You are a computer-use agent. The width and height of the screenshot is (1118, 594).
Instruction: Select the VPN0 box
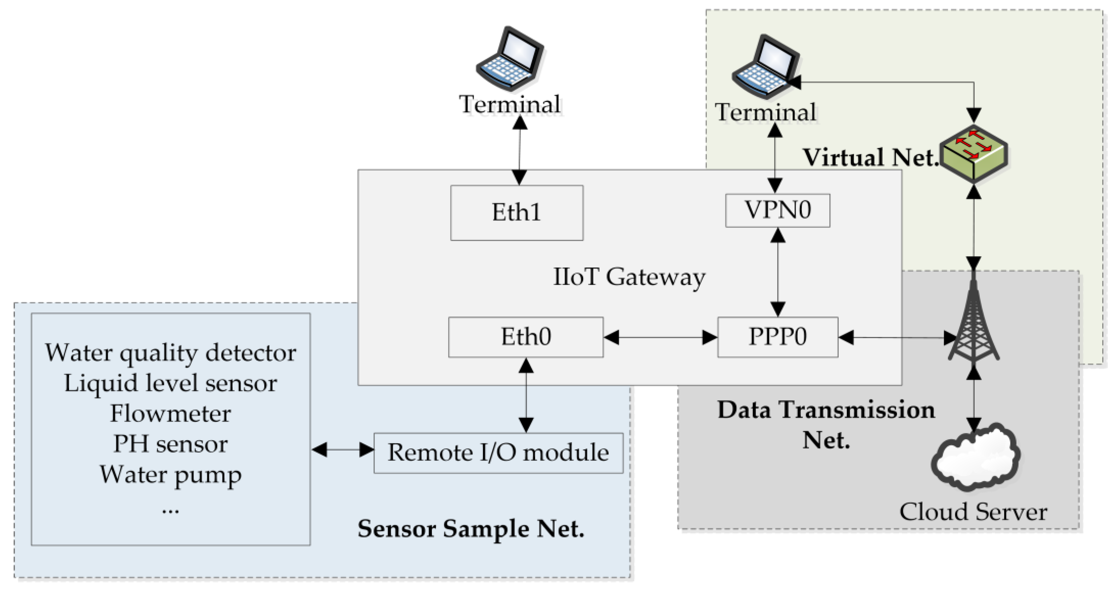777,210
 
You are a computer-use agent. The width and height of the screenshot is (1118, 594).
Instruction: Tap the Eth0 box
526,337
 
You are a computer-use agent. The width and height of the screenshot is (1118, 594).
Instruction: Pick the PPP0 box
777,337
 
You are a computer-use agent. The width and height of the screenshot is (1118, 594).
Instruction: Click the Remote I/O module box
498,453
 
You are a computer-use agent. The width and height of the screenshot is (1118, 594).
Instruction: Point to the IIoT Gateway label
629,277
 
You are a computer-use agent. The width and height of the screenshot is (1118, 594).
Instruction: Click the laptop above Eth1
510,59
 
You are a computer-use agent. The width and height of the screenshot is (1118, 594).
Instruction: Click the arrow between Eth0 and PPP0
660,337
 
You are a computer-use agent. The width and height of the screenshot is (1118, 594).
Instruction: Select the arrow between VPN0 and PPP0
777,272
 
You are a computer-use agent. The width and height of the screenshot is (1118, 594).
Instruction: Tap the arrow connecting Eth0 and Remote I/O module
526,395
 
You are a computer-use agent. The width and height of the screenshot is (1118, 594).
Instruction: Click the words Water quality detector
171,353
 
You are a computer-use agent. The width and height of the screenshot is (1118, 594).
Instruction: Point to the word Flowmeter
171,413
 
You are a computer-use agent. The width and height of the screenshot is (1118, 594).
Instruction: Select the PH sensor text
171,444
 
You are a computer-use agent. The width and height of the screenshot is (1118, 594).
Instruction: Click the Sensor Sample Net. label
471,529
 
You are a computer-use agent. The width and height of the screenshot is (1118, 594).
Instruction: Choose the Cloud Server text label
973,512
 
